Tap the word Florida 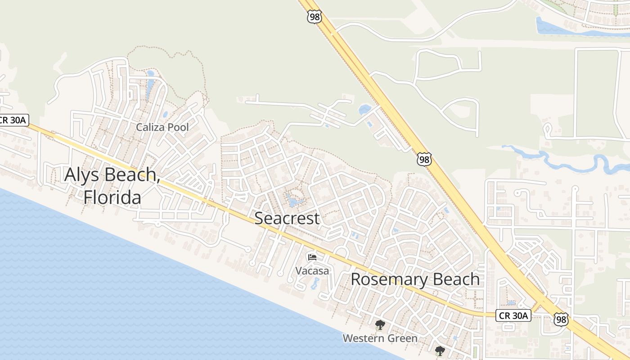click(112, 197)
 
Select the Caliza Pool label click(162, 127)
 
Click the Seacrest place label click(287, 218)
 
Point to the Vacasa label click(312, 271)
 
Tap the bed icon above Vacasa click(312, 257)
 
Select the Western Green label click(380, 338)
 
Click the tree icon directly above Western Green click(380, 324)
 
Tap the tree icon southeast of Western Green click(440, 351)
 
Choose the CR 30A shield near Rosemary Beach click(513, 316)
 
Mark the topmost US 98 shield click(314, 17)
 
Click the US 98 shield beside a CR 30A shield click(561, 319)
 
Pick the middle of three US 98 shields click(424, 159)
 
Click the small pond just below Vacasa click(315, 283)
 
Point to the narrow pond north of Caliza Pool click(150, 85)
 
